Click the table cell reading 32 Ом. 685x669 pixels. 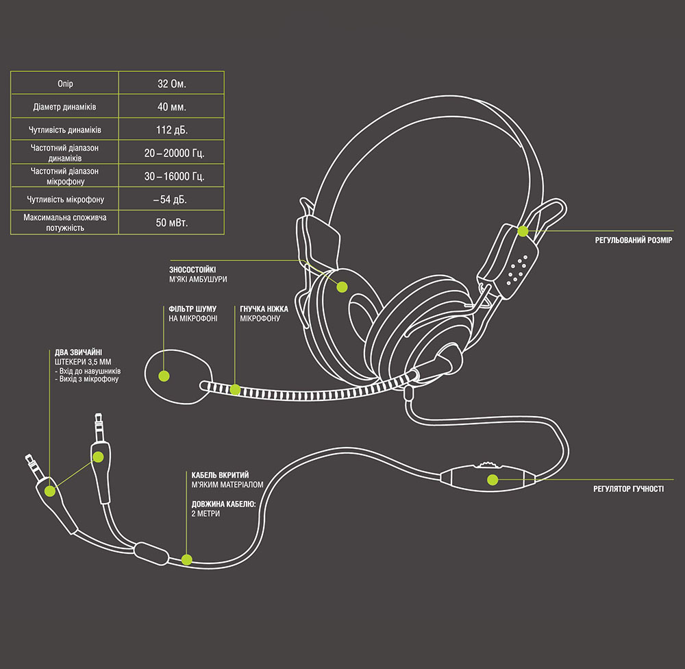coord(171,84)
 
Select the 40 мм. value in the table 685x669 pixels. coord(171,107)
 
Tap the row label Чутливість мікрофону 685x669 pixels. coord(65,199)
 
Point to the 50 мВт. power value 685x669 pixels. coord(171,223)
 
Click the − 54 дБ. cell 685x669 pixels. coord(171,199)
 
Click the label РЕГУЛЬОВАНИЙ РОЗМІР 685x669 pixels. coord(634,241)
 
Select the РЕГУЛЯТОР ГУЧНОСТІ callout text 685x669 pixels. coord(628,489)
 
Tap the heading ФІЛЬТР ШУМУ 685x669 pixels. coord(192,309)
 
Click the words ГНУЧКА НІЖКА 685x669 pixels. coord(264,309)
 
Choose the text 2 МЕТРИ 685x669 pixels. coord(206,513)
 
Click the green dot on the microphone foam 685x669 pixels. coord(164,375)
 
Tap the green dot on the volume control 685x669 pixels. coord(491,478)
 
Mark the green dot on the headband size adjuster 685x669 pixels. coord(523,231)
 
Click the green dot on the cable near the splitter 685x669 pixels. coord(187,559)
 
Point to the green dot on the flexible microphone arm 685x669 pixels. coord(235,390)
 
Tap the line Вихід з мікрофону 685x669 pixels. coord(89,379)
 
